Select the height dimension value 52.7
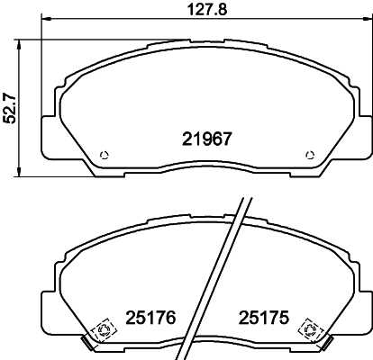(10, 107)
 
